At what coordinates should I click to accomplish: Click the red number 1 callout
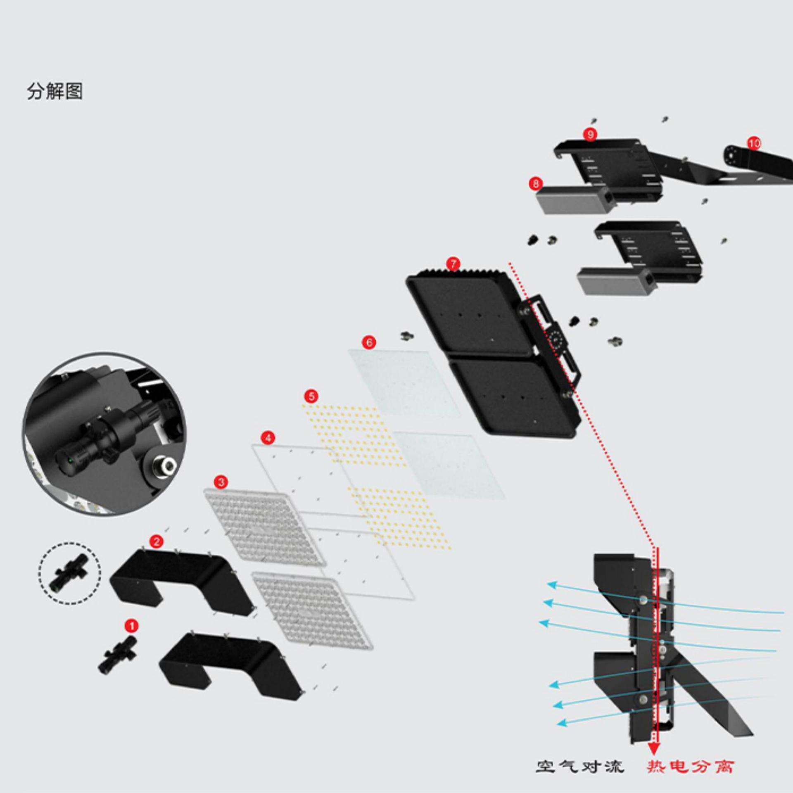click(132, 626)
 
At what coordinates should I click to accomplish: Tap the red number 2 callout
click(156, 541)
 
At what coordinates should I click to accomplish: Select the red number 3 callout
click(221, 482)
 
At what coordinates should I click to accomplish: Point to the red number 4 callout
click(268, 437)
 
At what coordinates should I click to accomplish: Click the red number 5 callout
click(311, 396)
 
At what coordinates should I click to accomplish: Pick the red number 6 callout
click(369, 342)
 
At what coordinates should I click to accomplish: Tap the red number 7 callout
click(453, 263)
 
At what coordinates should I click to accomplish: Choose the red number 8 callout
click(536, 183)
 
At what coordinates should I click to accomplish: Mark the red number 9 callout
click(590, 134)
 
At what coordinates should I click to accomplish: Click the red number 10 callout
click(754, 143)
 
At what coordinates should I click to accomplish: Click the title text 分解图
click(55, 91)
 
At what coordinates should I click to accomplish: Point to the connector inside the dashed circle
click(69, 572)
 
